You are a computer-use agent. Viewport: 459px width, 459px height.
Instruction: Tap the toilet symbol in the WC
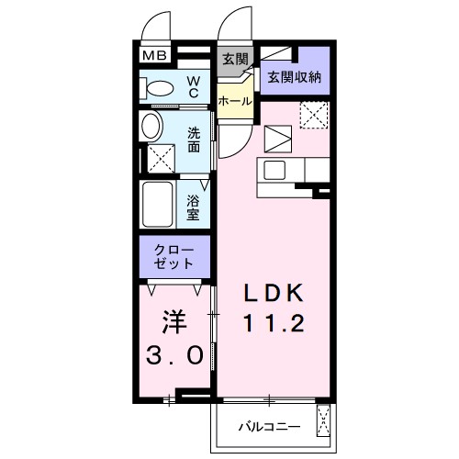pyautogui.click(x=161, y=89)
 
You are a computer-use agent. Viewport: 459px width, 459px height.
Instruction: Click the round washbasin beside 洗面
pyautogui.click(x=152, y=126)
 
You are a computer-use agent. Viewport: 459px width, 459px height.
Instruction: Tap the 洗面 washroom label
pyautogui.click(x=195, y=139)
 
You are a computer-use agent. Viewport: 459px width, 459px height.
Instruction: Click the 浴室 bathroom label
pyautogui.click(x=194, y=207)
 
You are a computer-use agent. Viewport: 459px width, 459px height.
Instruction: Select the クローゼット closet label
pyautogui.click(x=175, y=256)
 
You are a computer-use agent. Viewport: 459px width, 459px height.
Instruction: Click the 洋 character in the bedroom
pyautogui.click(x=174, y=323)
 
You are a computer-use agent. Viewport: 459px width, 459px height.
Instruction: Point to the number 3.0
pyautogui.click(x=174, y=355)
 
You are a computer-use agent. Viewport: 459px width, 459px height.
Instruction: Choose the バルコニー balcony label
pyautogui.click(x=265, y=427)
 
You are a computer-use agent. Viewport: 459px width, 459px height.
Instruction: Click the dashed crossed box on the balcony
pyautogui.click(x=323, y=421)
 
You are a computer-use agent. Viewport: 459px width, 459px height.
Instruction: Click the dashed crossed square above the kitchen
pyautogui.click(x=314, y=115)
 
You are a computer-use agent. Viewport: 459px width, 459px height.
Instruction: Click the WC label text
pyautogui.click(x=195, y=87)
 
